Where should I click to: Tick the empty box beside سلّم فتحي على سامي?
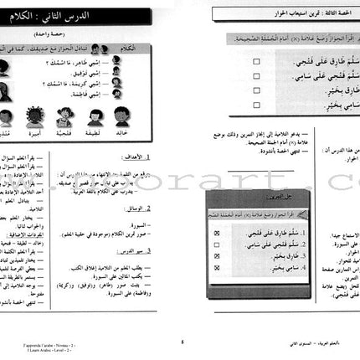(x=214, y=78)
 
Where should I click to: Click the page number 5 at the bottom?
(x=183, y=340)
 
